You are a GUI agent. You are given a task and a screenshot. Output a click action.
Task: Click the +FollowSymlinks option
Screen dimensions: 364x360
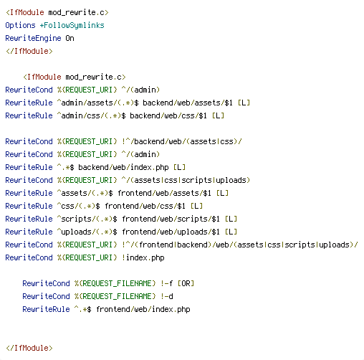pos(72,25)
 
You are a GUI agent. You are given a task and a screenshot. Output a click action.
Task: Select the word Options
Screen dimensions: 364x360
pos(20,25)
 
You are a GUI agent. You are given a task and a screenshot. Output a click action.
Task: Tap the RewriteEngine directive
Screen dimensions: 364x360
pos(33,38)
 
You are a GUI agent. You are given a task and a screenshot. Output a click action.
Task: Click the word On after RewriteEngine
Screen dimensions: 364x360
pos(70,38)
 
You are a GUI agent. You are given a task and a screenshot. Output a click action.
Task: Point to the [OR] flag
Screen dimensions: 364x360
pos(186,283)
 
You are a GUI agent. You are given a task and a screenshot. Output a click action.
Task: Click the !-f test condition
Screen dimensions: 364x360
pos(167,283)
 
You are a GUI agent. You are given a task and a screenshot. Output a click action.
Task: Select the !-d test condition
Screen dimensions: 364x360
pos(167,296)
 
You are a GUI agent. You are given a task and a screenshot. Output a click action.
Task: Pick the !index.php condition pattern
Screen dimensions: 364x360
pos(143,257)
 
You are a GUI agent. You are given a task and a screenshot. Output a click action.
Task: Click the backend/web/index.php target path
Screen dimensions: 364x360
pos(123,167)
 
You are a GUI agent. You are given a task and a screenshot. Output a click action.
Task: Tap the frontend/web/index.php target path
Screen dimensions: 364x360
pos(143,309)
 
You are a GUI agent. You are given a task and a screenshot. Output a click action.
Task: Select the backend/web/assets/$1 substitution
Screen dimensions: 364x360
pos(188,103)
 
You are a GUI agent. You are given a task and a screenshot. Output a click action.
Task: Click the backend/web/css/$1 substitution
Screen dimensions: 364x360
pos(168,115)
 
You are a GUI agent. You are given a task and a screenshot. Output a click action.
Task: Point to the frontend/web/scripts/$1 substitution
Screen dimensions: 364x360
pos(171,219)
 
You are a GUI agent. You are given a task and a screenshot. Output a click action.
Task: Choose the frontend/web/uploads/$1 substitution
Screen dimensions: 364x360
pos(171,232)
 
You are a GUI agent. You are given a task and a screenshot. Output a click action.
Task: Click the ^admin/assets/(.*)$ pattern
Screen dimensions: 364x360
pos(97,103)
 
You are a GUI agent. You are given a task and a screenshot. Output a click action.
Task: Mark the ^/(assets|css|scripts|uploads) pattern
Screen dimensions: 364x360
pos(186,180)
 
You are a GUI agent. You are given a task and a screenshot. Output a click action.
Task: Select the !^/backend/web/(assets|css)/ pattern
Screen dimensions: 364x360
pos(182,141)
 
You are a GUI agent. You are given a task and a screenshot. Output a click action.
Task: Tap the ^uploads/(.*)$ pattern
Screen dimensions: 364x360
pos(87,232)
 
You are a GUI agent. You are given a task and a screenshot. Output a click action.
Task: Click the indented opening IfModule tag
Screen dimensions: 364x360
pos(75,77)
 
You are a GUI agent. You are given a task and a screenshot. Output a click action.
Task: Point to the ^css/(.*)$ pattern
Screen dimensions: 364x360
pos(78,206)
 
